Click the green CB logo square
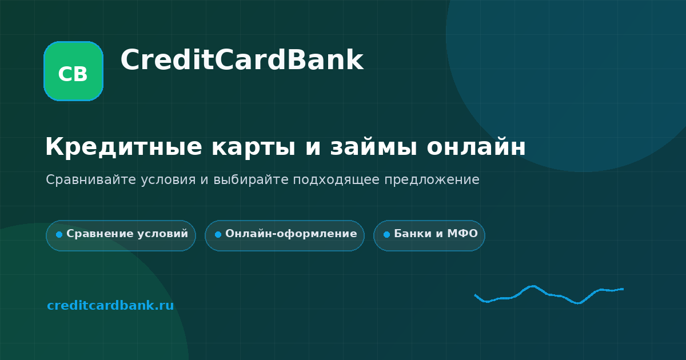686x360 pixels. (x=74, y=71)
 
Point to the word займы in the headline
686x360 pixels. (x=373, y=147)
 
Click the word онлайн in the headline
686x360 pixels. (x=476, y=147)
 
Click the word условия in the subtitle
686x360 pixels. (x=168, y=180)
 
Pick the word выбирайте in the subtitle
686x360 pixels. (x=251, y=179)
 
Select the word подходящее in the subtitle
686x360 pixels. (x=336, y=180)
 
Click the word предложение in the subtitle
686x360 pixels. (x=432, y=180)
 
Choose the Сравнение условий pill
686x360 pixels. (x=121, y=235)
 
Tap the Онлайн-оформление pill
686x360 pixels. (x=285, y=235)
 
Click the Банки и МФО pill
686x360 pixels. (x=429, y=235)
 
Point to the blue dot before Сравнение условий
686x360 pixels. (x=59, y=234)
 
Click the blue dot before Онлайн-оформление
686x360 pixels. (x=218, y=234)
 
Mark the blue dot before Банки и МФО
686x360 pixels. (x=387, y=234)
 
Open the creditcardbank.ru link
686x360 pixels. (x=110, y=305)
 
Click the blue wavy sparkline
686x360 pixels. (x=549, y=295)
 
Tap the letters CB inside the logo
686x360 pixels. (x=73, y=74)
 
